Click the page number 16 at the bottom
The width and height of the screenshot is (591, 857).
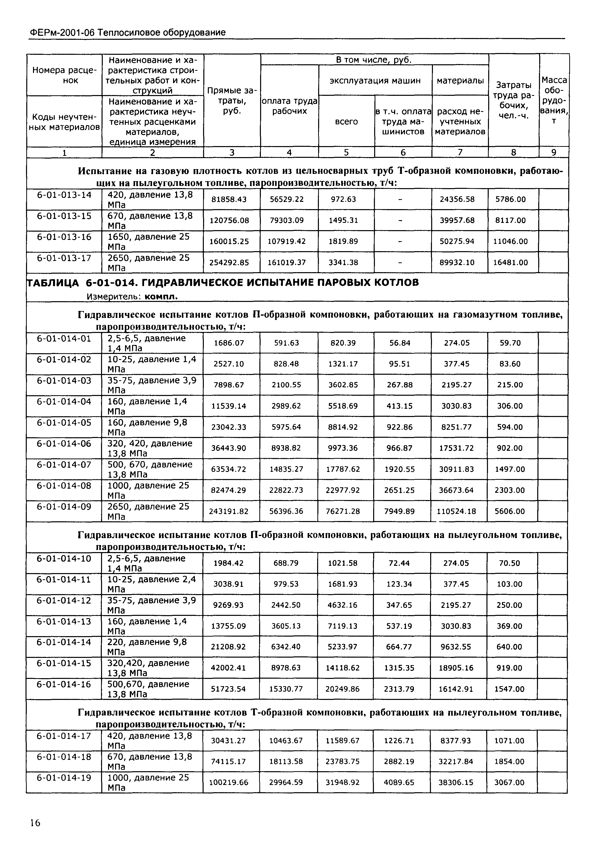pos(35,823)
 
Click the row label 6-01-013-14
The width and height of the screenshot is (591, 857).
pos(64,195)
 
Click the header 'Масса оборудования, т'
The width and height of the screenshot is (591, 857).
pos(554,100)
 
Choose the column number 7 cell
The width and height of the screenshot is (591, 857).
pos(460,152)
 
